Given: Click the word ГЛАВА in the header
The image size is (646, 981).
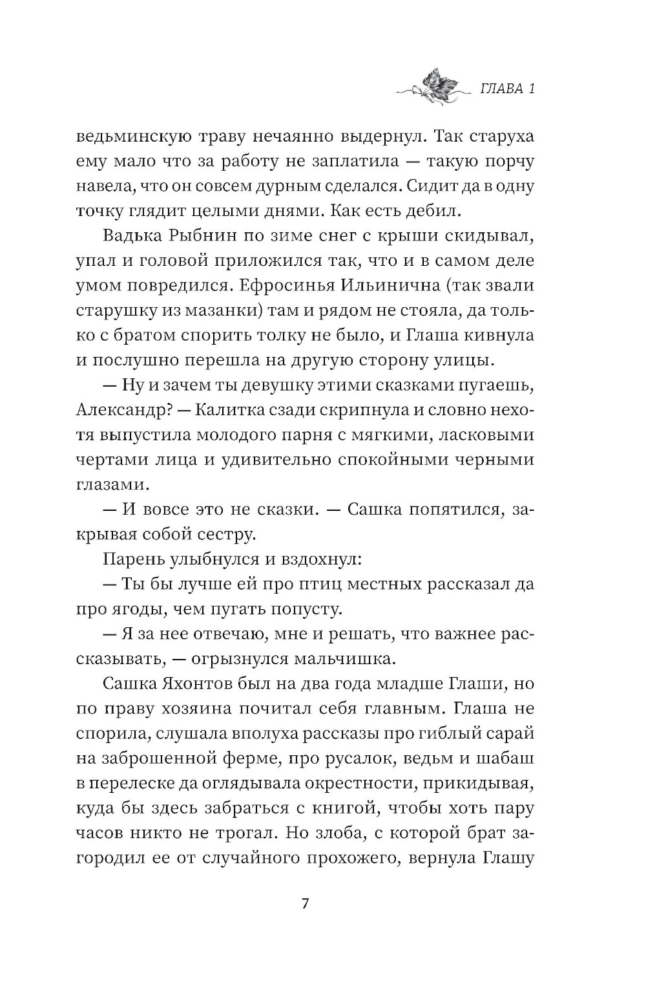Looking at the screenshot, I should click(x=501, y=89).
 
